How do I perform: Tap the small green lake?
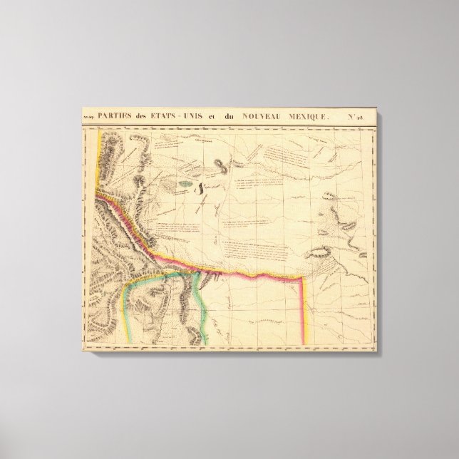point(187,182)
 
